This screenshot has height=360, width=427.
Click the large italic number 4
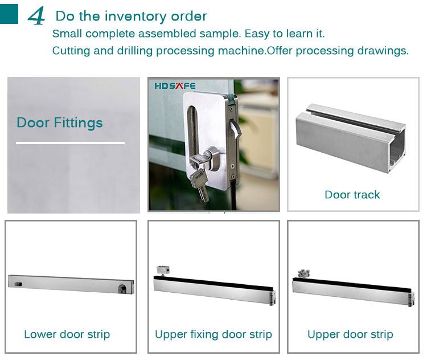[x=36, y=16]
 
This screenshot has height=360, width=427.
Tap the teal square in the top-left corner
[x=9, y=14]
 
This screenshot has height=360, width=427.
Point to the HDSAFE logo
[x=175, y=86]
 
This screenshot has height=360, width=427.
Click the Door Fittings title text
[x=60, y=122]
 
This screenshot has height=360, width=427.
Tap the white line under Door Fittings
[x=70, y=142]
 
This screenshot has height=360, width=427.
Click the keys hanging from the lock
[x=200, y=178]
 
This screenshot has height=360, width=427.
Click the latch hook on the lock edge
[x=236, y=129]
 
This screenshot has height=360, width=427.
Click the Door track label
[x=352, y=195]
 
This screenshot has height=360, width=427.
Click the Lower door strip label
[x=67, y=334]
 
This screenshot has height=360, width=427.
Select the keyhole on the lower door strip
[x=122, y=288]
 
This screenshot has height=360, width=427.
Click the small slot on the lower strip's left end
[x=19, y=284]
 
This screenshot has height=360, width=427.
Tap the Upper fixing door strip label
[x=213, y=334]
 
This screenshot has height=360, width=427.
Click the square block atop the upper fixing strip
[x=163, y=271]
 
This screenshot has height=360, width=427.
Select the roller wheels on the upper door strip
[x=303, y=273]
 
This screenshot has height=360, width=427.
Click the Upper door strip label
[x=350, y=334]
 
